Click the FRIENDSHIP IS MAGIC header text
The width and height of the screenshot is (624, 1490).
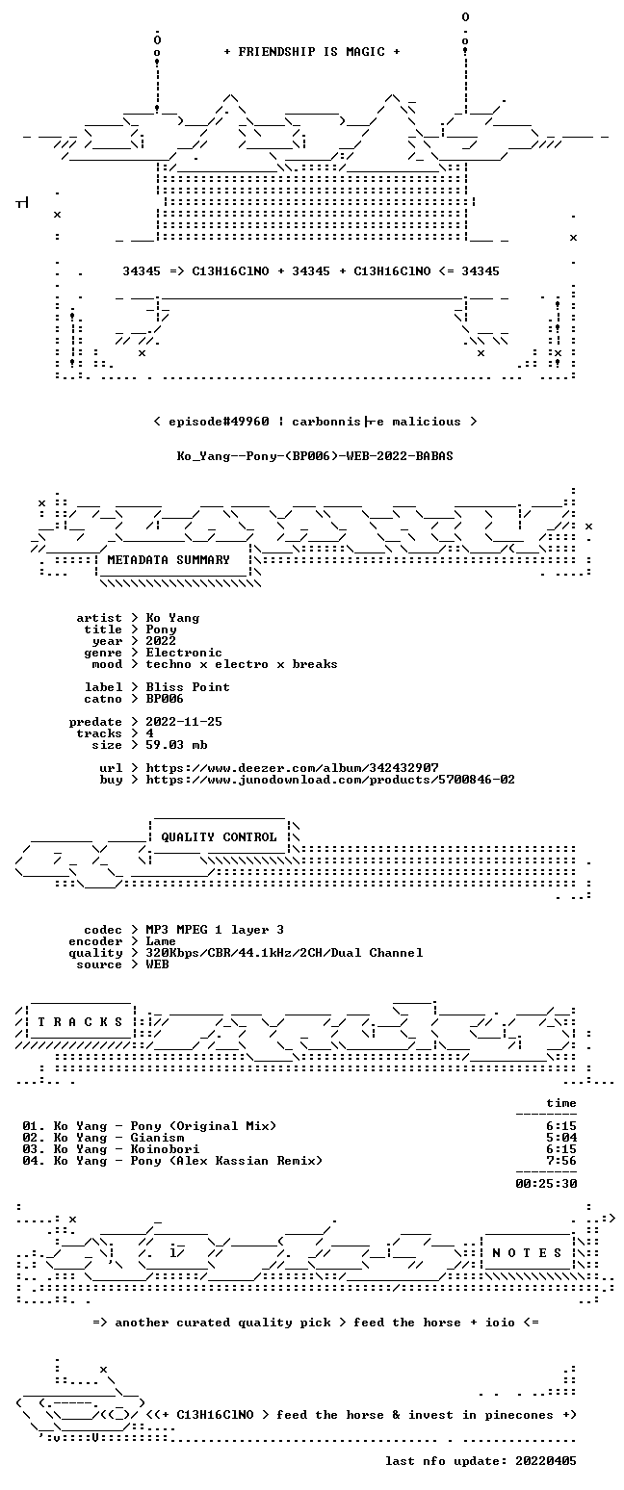(312, 52)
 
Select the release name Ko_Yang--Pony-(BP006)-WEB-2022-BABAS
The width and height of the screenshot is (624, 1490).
(315, 456)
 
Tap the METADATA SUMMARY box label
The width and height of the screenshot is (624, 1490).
(169, 560)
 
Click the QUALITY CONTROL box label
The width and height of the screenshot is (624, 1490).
(219, 837)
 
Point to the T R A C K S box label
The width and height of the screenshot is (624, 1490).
(81, 1021)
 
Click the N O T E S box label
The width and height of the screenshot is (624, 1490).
(527, 1252)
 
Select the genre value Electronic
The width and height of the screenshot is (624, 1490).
(184, 653)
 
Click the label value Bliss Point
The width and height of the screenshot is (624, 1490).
(188, 687)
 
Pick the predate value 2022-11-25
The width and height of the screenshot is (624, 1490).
(184, 722)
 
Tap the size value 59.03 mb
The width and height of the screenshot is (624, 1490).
(176, 745)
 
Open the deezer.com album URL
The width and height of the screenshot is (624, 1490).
(292, 768)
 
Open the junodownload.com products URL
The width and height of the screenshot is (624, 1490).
(330, 780)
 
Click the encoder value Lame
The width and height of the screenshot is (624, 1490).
(161, 941)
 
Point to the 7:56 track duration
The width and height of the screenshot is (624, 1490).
(561, 1161)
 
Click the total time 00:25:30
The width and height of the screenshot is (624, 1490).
(546, 1184)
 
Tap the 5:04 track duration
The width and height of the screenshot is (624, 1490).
(561, 1138)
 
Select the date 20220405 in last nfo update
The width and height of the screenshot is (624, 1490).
(546, 1461)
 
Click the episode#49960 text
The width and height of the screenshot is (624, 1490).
(219, 422)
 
